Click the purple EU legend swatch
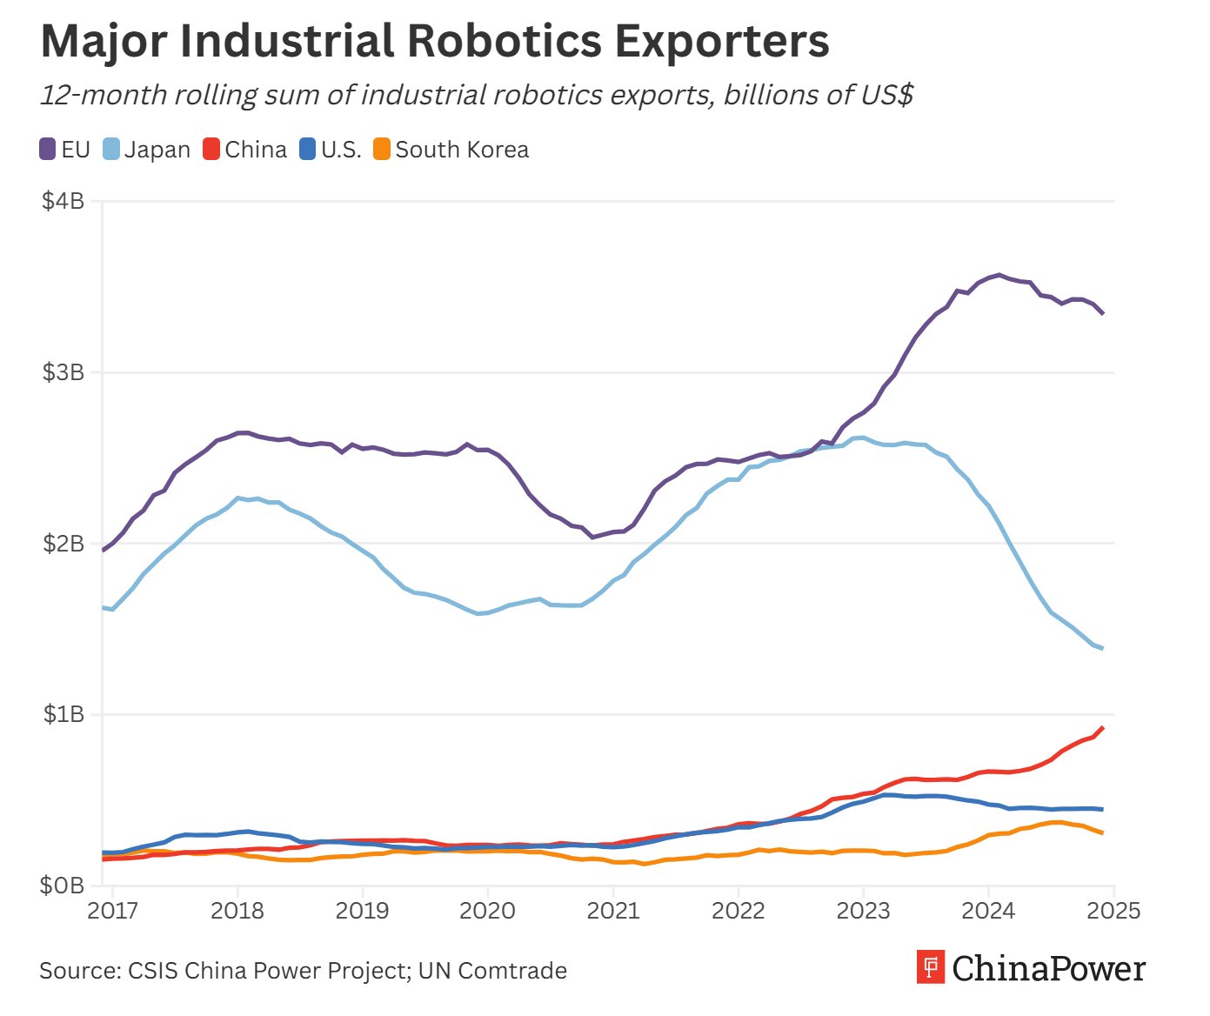coord(48,150)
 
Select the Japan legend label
coord(157,150)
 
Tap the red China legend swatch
coord(211,150)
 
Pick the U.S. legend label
coord(341,150)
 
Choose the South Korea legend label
coord(462,150)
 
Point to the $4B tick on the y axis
coord(64,202)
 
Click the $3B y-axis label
coord(64,372)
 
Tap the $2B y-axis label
coord(64,544)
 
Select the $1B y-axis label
coord(64,714)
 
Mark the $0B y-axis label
coord(64,886)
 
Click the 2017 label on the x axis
coord(113,911)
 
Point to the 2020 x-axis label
coord(487,911)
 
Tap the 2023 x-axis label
coord(863,911)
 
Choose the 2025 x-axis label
coord(1113,911)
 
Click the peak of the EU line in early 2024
coord(999,275)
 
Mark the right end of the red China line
coord(1103,727)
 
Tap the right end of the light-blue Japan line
coord(1103,648)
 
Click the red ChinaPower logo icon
coord(931,967)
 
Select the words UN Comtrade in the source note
coord(492,971)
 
